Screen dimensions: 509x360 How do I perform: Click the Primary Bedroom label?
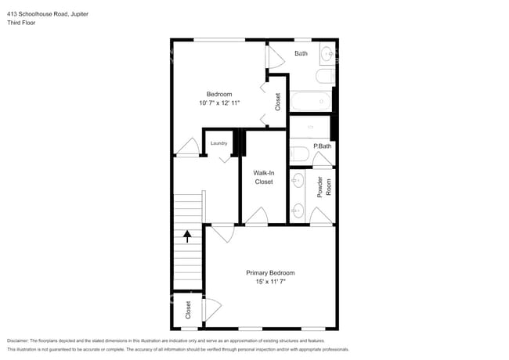click(x=270, y=273)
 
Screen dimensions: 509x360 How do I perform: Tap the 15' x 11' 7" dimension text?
click(x=270, y=282)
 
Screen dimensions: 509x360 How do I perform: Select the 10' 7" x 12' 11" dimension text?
click(x=219, y=103)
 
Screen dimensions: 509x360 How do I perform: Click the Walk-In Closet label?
click(x=264, y=178)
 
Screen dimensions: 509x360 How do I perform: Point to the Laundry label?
click(x=218, y=143)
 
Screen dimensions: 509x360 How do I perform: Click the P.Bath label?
click(x=323, y=146)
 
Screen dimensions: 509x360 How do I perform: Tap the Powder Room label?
click(x=324, y=187)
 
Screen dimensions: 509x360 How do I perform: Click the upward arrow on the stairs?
click(x=187, y=236)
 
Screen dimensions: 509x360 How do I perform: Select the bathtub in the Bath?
click(x=311, y=101)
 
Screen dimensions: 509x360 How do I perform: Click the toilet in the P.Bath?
click(x=299, y=153)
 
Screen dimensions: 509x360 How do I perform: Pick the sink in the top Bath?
click(x=327, y=53)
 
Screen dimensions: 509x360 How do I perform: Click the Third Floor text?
click(x=21, y=23)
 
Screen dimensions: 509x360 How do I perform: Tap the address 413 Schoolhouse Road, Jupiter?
click(x=48, y=14)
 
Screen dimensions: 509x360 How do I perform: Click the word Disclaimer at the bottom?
click(x=17, y=340)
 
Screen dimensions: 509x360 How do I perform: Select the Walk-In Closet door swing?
click(x=256, y=215)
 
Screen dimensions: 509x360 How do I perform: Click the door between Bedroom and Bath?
click(x=275, y=57)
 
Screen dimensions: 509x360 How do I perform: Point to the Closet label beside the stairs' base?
click(x=188, y=310)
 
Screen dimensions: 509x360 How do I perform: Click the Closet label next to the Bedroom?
click(x=277, y=102)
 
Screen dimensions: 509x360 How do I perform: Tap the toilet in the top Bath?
click(x=325, y=77)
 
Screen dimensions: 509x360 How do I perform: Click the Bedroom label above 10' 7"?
click(x=219, y=94)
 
